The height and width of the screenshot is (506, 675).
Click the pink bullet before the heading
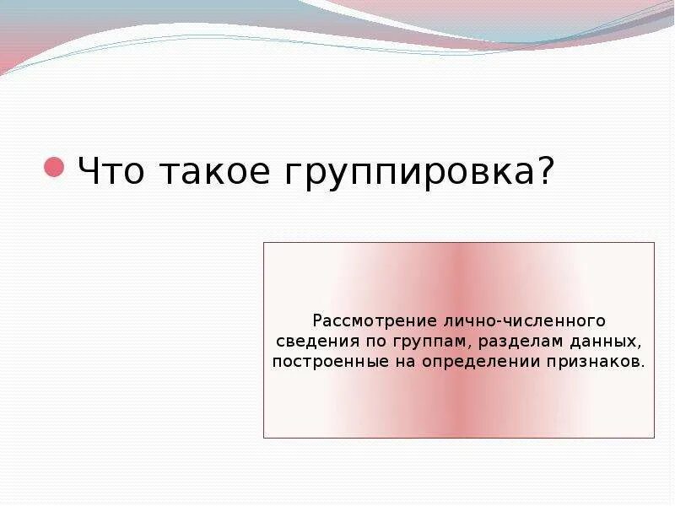click(x=55, y=166)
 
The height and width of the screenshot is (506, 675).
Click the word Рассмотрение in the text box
click(x=361, y=321)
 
